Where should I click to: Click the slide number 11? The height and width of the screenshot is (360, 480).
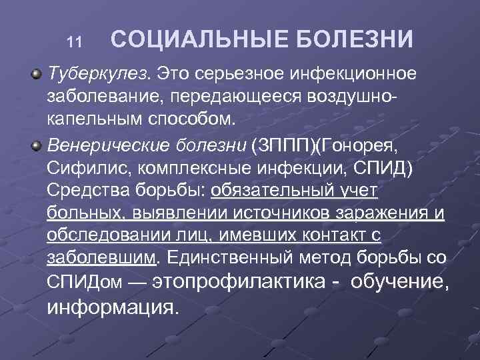pos(74,43)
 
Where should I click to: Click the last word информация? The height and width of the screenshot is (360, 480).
pos(113,308)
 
